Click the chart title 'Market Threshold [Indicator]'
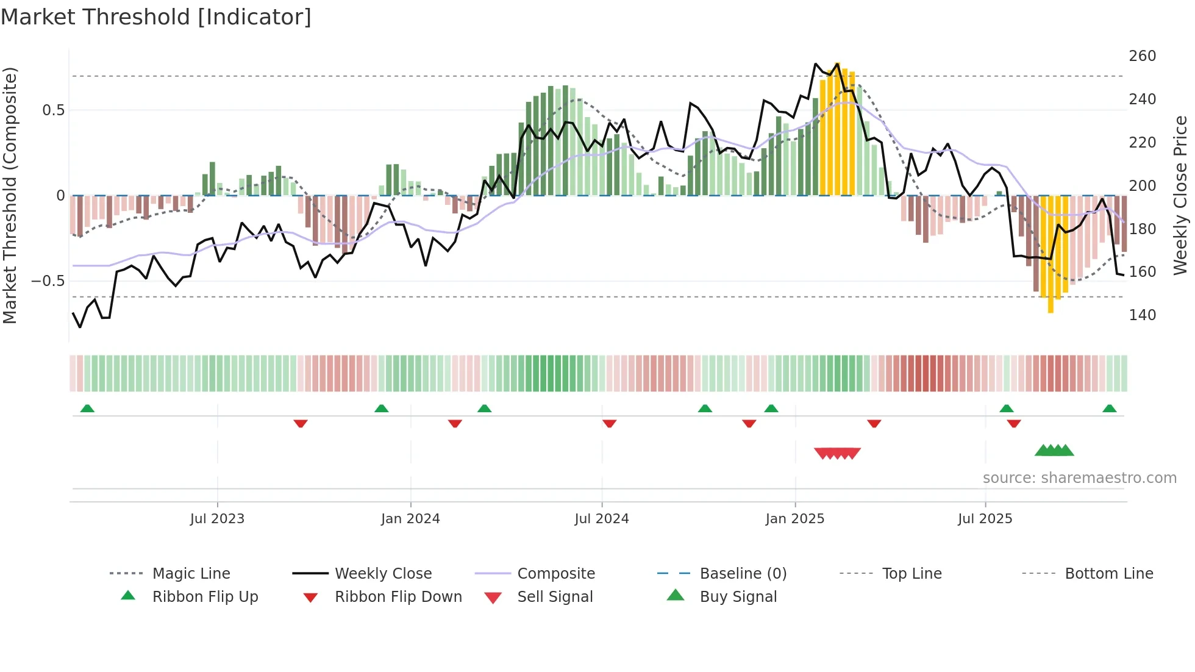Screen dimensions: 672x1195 [x=156, y=17]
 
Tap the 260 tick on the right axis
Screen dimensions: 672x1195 [x=1142, y=56]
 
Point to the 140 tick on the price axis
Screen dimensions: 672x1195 [x=1142, y=315]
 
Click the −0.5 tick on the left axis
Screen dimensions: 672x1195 [x=48, y=281]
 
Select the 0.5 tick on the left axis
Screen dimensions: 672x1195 [x=53, y=110]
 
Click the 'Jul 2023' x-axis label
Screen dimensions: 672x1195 [x=217, y=519]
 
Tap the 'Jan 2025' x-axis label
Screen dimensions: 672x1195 [x=794, y=519]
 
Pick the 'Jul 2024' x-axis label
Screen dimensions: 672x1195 [x=601, y=519]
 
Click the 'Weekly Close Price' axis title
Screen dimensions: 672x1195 [x=1180, y=195]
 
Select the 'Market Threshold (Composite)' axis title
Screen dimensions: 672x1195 [x=10, y=195]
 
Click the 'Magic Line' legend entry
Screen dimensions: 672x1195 [x=191, y=574]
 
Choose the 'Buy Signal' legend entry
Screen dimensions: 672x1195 [x=738, y=597]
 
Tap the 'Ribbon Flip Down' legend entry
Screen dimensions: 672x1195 [x=398, y=597]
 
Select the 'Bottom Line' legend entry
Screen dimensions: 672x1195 [x=1108, y=574]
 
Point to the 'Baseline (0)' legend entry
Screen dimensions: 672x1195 [x=743, y=574]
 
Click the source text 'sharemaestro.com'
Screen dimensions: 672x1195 [x=1079, y=478]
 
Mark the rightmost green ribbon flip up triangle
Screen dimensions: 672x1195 [x=1110, y=409]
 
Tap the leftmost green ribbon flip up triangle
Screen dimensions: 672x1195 [x=87, y=409]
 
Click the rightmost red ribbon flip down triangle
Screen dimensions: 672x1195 [x=1014, y=423]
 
